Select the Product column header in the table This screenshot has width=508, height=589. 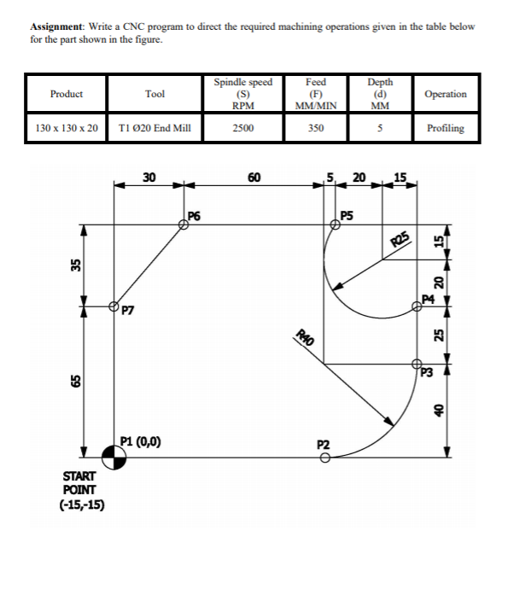tap(67, 94)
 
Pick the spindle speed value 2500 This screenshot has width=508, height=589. tap(243, 128)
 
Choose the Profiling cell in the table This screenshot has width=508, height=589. tap(446, 128)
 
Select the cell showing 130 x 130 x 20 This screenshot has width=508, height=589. tap(67, 128)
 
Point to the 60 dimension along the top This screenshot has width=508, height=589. tap(254, 178)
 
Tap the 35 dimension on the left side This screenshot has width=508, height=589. tap(74, 265)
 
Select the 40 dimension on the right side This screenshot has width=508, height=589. tap(439, 410)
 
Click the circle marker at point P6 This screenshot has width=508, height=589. tap(184, 225)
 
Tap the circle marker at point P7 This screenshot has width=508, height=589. tap(114, 306)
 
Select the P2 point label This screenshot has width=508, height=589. tap(323, 445)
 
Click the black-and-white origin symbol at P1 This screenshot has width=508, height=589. tap(114, 458)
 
